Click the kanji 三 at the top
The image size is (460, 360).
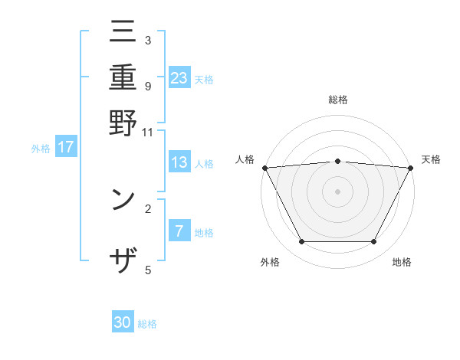point(123,32)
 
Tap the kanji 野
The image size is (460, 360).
point(123,123)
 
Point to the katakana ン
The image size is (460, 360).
point(123,200)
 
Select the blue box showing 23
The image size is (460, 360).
point(179,78)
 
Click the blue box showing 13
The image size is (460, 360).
point(179,162)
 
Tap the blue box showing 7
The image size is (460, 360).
point(179,231)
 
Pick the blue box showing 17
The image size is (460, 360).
point(66,148)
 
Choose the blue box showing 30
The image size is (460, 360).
point(123,322)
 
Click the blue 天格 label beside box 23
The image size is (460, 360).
point(204,79)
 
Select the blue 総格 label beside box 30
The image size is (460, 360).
point(147,324)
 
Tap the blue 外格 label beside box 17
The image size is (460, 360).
point(41,149)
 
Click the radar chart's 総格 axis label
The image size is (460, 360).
point(337,100)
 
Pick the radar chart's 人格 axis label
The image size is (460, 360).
point(245,159)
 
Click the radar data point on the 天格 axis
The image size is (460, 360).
point(410,168)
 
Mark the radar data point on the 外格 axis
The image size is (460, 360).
point(301,242)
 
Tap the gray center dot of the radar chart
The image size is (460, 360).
point(337,191)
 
